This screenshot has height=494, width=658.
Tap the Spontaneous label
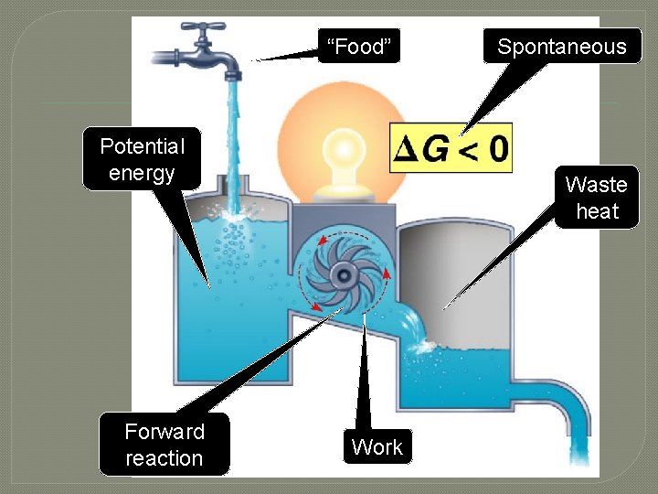(x=561, y=47)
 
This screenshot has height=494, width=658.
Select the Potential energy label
(x=142, y=159)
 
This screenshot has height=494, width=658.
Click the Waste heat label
(x=597, y=198)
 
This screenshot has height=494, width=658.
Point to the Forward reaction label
(x=164, y=445)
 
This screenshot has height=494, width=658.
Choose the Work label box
(x=377, y=447)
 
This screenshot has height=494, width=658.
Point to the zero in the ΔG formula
(x=496, y=148)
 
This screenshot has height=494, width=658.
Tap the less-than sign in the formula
(x=467, y=149)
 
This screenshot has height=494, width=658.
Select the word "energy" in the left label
(x=142, y=173)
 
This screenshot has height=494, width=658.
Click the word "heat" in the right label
(x=597, y=211)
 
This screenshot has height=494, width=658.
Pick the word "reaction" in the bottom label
(x=164, y=458)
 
